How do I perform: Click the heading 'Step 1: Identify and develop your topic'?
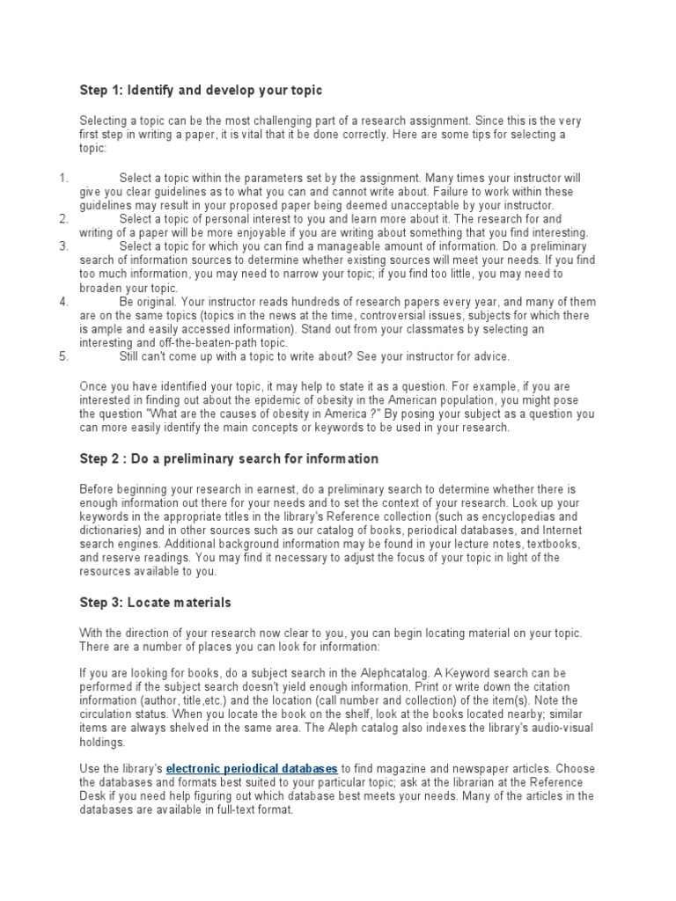coord(202,90)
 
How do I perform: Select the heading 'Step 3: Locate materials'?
coord(155,602)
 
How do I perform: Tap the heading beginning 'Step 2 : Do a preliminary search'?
coord(229,458)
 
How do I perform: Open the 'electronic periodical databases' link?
coord(252,768)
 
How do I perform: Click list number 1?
coord(63,178)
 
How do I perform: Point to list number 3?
coord(63,246)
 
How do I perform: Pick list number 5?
coord(63,356)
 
